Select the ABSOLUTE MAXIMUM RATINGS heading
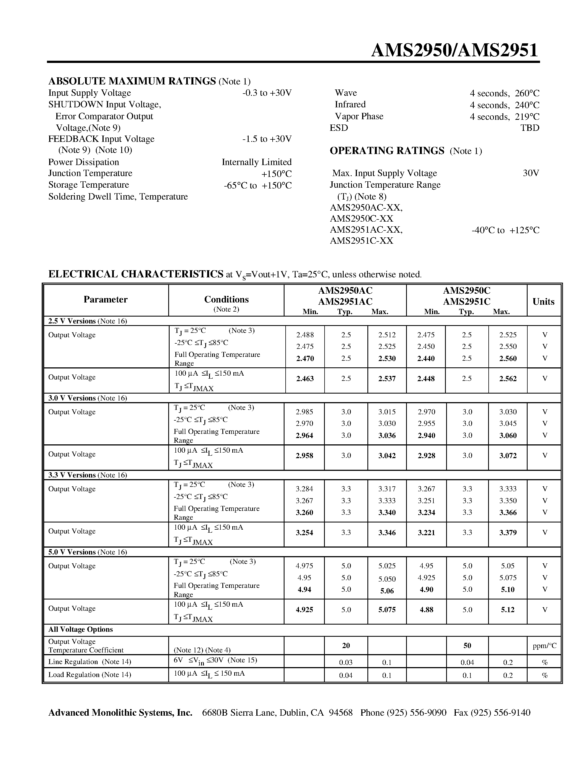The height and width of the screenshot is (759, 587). point(132,81)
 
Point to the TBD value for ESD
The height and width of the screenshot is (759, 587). point(530,128)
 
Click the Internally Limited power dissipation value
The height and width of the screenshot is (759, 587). point(256,162)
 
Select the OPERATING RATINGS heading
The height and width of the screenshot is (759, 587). point(387,150)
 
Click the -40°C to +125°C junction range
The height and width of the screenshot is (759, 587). point(505,230)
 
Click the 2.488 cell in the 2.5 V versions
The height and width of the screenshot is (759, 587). point(305,335)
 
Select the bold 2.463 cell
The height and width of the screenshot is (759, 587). point(305,378)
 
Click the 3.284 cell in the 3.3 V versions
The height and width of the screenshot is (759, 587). point(304,489)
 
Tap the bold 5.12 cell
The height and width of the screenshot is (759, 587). point(507,610)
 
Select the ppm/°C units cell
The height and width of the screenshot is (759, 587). point(544,646)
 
